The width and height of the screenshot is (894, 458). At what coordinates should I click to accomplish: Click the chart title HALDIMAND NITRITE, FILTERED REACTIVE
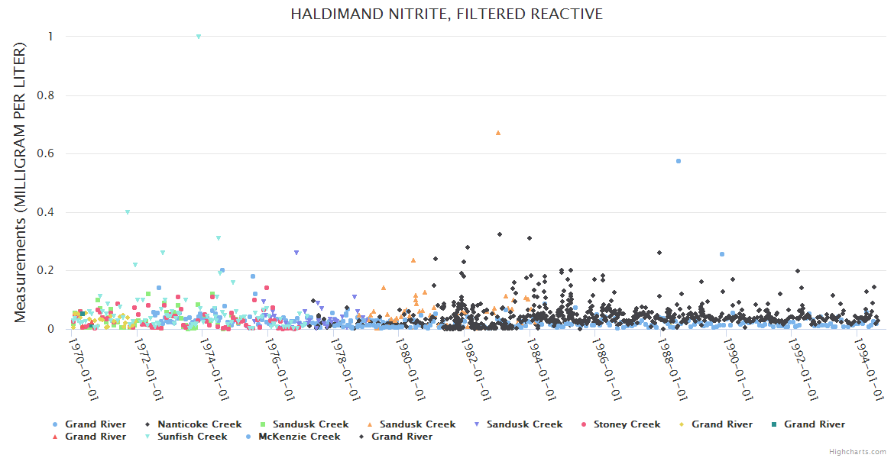[446, 15]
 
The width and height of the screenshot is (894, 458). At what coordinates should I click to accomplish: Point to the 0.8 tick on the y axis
[51, 95]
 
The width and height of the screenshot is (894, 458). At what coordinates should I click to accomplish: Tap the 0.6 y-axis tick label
[51, 153]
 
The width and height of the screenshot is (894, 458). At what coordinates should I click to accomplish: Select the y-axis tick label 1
[50, 37]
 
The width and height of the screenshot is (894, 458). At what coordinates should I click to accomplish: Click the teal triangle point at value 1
[199, 37]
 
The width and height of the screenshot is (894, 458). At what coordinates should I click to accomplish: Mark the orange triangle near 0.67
[498, 133]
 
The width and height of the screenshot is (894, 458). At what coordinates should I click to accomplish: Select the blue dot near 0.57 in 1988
[679, 161]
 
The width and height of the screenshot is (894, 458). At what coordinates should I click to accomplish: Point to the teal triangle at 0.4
[128, 212]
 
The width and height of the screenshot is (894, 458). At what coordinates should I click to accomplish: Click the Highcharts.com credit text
[857, 451]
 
